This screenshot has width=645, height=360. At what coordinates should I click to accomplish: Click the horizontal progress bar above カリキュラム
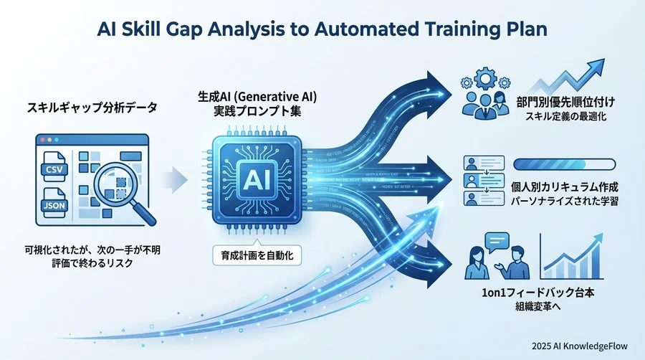coord(566,163)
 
